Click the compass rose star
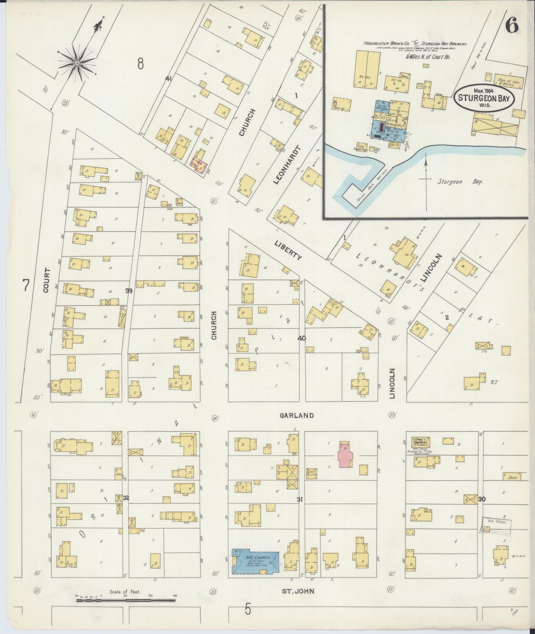coord(77,63)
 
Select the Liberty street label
coord(289,249)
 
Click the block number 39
coord(129,291)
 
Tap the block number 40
coord(301,338)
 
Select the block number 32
coord(126,498)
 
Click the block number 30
coord(482,499)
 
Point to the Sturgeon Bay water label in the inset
coord(460,182)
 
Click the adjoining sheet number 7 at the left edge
coord(26,286)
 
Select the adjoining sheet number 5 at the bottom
coord(247,608)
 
